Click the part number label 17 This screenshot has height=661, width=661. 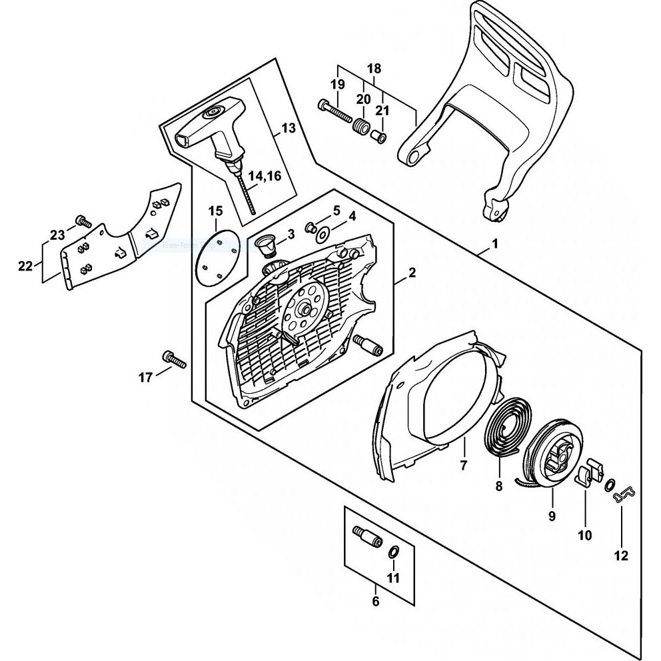(145, 378)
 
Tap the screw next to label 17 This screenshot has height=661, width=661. (173, 358)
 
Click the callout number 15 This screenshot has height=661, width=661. (215, 211)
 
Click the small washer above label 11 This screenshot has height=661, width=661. (394, 550)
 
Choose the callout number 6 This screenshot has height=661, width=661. (375, 601)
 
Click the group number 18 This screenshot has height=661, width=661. (374, 69)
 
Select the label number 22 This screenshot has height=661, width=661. (25, 267)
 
